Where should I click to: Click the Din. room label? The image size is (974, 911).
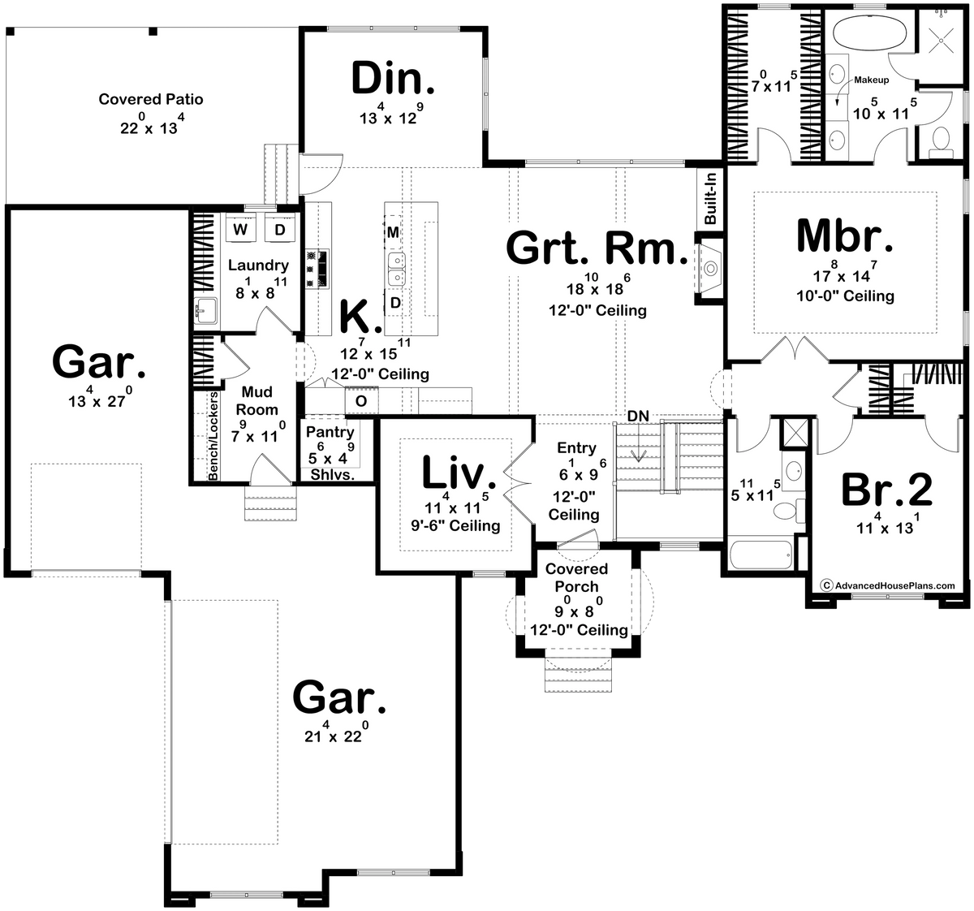tap(393, 80)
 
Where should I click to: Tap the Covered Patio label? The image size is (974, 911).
tap(151, 99)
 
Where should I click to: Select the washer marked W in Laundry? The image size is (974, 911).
tap(240, 230)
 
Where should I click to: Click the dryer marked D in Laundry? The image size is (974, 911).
tap(279, 230)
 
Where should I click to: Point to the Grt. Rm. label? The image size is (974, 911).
tap(596, 248)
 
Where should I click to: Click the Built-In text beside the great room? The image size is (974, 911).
tap(710, 199)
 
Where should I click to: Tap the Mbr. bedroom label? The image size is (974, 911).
tap(844, 235)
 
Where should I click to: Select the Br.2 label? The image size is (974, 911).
tap(886, 489)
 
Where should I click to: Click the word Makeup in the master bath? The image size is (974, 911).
tap(872, 80)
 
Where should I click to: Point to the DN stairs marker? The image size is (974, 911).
tap(638, 416)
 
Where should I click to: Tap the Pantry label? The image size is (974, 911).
tap(330, 433)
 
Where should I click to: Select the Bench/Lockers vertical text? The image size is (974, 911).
tap(213, 437)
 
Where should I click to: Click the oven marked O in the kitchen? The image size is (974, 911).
tap(362, 400)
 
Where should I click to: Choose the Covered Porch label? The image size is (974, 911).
tap(577, 578)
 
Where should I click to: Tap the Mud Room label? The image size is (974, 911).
tap(257, 401)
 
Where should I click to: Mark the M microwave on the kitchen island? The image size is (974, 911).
tap(393, 233)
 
